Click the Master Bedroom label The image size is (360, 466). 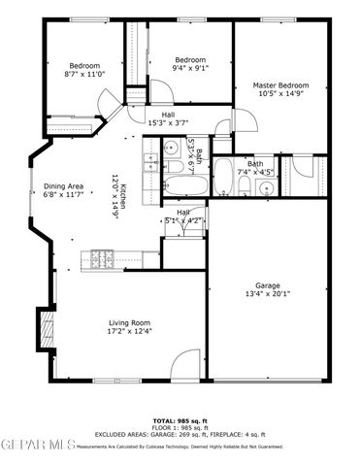click(273, 84)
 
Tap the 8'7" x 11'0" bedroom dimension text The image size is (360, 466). click(83, 74)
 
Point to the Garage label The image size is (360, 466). click(268, 284)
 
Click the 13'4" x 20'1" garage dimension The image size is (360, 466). click(268, 294)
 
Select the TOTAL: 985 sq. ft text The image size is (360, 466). click(180, 420)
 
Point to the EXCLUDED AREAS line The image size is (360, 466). click(180, 435)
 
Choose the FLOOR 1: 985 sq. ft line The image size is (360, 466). click(180, 428)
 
